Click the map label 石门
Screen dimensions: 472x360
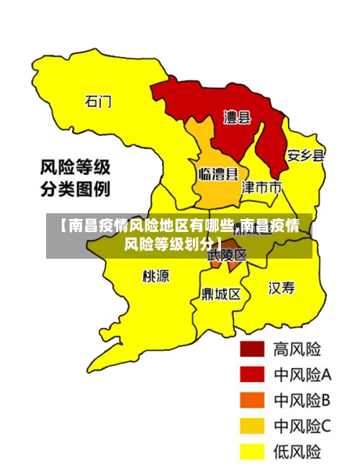(99, 101)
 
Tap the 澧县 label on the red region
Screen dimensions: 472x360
(237, 117)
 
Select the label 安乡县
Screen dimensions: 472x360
(305, 155)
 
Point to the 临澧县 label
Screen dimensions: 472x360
(218, 174)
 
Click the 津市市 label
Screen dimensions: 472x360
(261, 188)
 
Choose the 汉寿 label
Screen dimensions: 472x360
(282, 288)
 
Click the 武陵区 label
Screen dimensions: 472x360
(227, 254)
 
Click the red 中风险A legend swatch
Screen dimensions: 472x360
(252, 374)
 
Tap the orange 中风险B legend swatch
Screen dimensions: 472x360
(252, 400)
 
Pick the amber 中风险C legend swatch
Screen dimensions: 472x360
(252, 426)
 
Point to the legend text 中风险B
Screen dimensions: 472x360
(302, 400)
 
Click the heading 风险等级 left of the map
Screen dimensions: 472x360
(75, 169)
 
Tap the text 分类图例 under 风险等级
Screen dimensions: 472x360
(75, 191)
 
